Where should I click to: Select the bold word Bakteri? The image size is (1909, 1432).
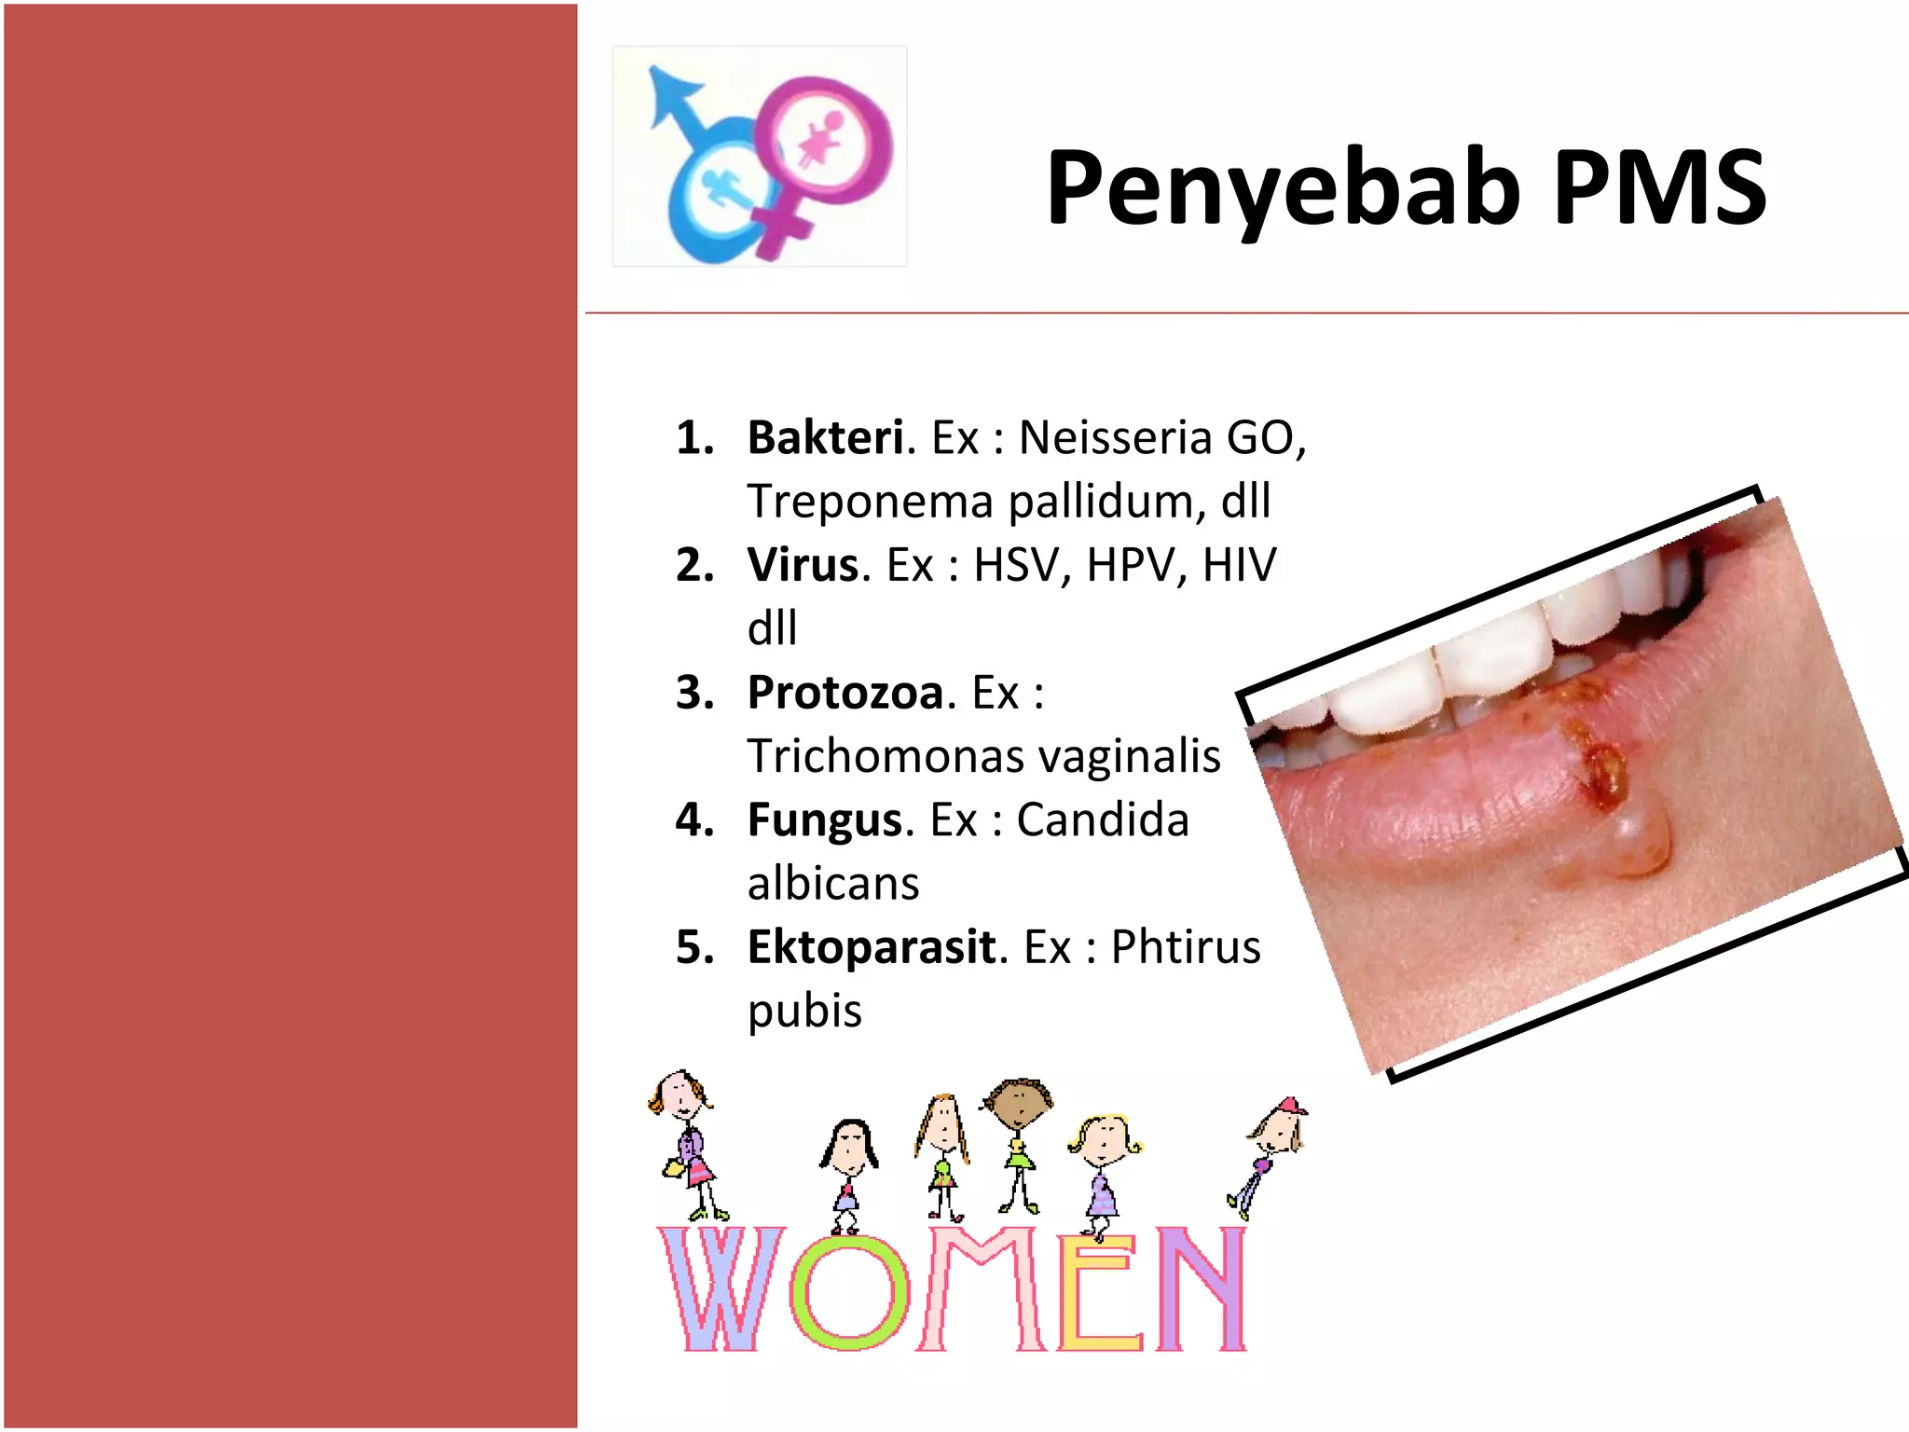point(826,437)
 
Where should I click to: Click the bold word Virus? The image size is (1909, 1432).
point(803,565)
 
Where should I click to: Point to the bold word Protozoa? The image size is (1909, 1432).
point(846,693)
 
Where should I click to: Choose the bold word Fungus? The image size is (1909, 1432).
point(825,820)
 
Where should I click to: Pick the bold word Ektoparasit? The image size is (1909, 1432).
point(872,947)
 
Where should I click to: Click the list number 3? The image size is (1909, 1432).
point(694,693)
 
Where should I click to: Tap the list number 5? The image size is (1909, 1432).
point(694,947)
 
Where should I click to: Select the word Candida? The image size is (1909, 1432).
point(1103,820)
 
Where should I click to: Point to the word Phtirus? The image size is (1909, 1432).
point(1186,947)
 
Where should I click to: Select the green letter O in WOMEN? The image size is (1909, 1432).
point(849,1292)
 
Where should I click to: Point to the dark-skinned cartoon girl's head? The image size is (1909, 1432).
point(1018,1103)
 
